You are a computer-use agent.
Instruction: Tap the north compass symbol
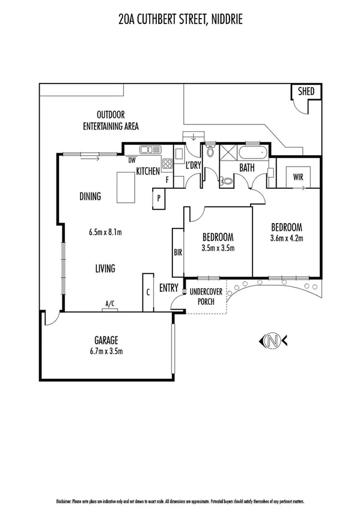(x=272, y=341)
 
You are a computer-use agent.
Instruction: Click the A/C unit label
(x=110, y=305)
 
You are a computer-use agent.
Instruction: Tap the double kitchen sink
(x=148, y=149)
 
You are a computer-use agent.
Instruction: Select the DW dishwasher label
(x=131, y=160)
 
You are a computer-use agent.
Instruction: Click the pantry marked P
(x=159, y=197)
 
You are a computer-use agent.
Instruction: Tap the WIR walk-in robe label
(x=297, y=177)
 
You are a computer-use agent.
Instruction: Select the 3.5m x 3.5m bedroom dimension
(x=217, y=248)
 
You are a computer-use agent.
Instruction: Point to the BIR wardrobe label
(x=178, y=253)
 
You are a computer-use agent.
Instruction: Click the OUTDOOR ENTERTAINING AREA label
(x=111, y=120)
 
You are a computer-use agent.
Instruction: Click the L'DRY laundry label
(x=193, y=165)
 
